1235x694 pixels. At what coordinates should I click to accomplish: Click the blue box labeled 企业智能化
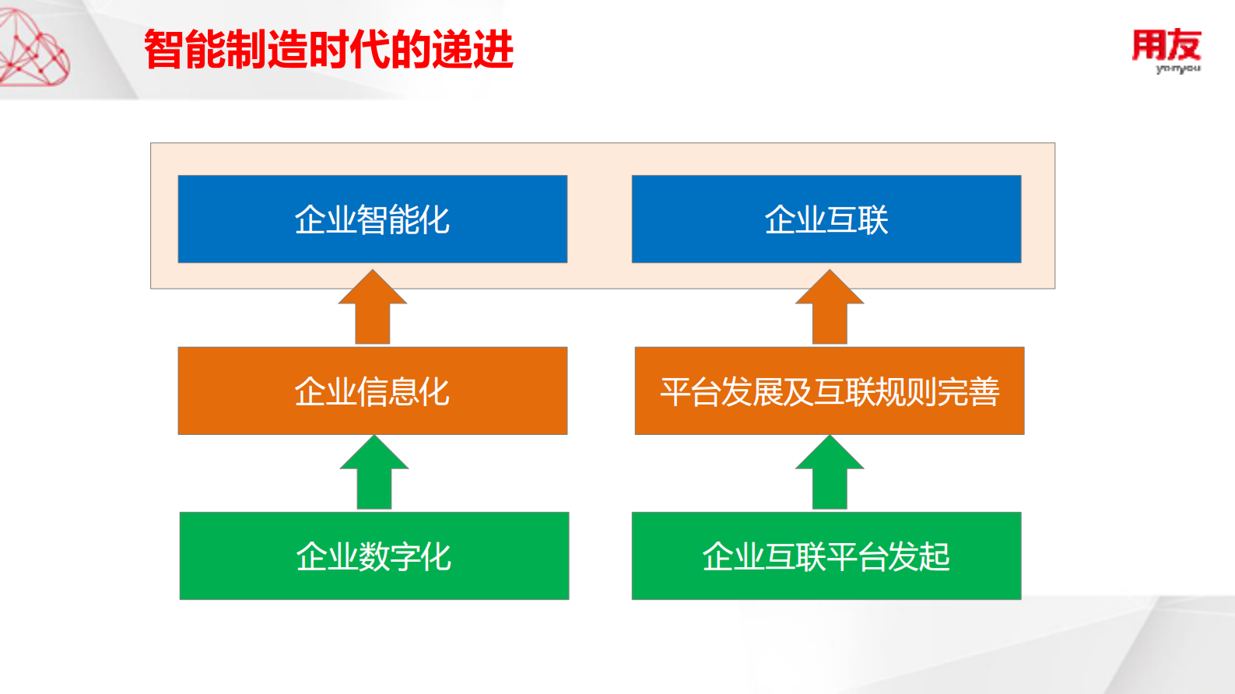click(x=372, y=219)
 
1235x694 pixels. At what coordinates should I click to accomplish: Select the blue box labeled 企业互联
click(x=826, y=219)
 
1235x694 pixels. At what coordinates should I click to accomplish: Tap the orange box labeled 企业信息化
click(x=372, y=391)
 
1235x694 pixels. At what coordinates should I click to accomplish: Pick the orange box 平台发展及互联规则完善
click(x=829, y=391)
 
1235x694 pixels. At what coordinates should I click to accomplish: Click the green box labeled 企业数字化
click(x=374, y=556)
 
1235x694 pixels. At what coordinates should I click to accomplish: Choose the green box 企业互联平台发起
click(x=826, y=556)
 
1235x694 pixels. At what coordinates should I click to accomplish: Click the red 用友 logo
click(x=1166, y=45)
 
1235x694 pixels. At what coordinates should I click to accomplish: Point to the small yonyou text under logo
click(x=1178, y=69)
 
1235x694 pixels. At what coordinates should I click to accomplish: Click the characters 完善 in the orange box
click(x=968, y=391)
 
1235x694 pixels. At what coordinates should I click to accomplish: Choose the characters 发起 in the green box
click(x=918, y=556)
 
